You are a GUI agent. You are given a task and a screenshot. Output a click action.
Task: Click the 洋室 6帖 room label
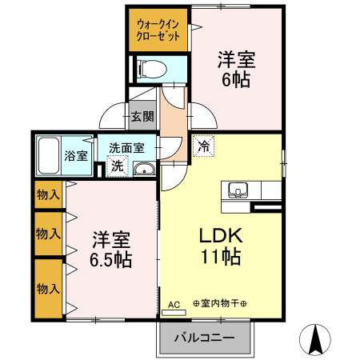tap(237, 67)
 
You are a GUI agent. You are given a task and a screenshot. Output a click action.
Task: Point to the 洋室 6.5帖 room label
tap(111, 250)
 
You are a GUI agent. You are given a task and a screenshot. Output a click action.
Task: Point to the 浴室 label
tap(76, 154)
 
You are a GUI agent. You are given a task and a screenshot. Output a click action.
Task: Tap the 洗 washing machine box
tap(117, 166)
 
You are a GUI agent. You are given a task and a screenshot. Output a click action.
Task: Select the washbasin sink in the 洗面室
tap(145, 168)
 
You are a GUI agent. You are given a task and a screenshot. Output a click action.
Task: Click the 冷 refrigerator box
tap(203, 146)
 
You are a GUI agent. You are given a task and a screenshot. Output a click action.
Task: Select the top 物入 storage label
tap(48, 194)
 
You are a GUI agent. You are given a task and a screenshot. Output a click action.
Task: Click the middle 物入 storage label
tap(48, 234)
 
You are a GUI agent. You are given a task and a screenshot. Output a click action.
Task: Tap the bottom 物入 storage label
tap(48, 287)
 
